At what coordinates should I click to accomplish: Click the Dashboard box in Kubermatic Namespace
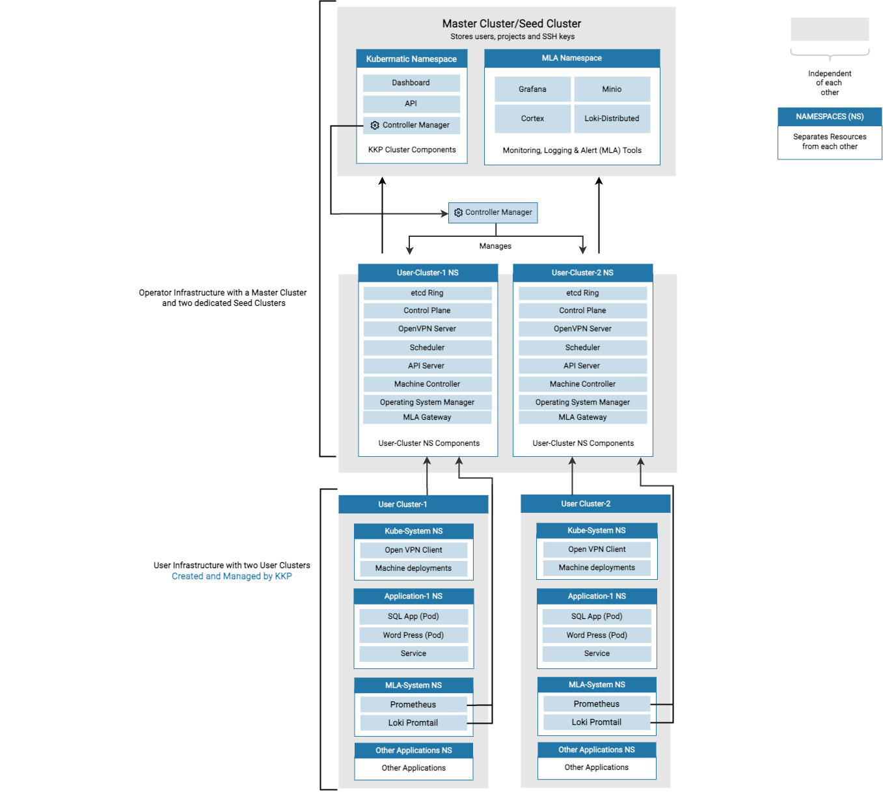[x=411, y=83]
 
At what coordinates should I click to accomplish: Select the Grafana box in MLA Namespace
[x=532, y=89]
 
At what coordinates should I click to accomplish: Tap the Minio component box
[x=612, y=89]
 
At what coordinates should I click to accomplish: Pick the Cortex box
[x=532, y=118]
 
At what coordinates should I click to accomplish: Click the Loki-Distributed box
[x=612, y=118]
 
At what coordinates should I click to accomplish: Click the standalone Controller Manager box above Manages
[x=493, y=213]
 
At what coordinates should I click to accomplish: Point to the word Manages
[x=495, y=246]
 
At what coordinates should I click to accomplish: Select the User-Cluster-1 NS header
[x=428, y=273]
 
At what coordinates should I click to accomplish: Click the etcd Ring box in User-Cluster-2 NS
[x=582, y=293]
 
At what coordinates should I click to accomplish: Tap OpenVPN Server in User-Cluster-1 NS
[x=427, y=329]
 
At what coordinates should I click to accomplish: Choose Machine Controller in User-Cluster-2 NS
[x=582, y=384]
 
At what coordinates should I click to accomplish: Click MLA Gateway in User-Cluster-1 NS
[x=427, y=417]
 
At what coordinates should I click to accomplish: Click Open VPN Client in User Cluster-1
[x=413, y=550]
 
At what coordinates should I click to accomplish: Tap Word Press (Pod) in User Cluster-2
[x=597, y=635]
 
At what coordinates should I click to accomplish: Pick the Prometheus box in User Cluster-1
[x=413, y=704]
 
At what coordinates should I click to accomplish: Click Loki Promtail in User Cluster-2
[x=597, y=722]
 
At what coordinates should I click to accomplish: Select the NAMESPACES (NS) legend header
[x=830, y=116]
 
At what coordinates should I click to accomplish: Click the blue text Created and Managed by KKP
[x=232, y=576]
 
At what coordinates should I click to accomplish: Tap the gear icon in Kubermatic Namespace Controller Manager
[x=375, y=125]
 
